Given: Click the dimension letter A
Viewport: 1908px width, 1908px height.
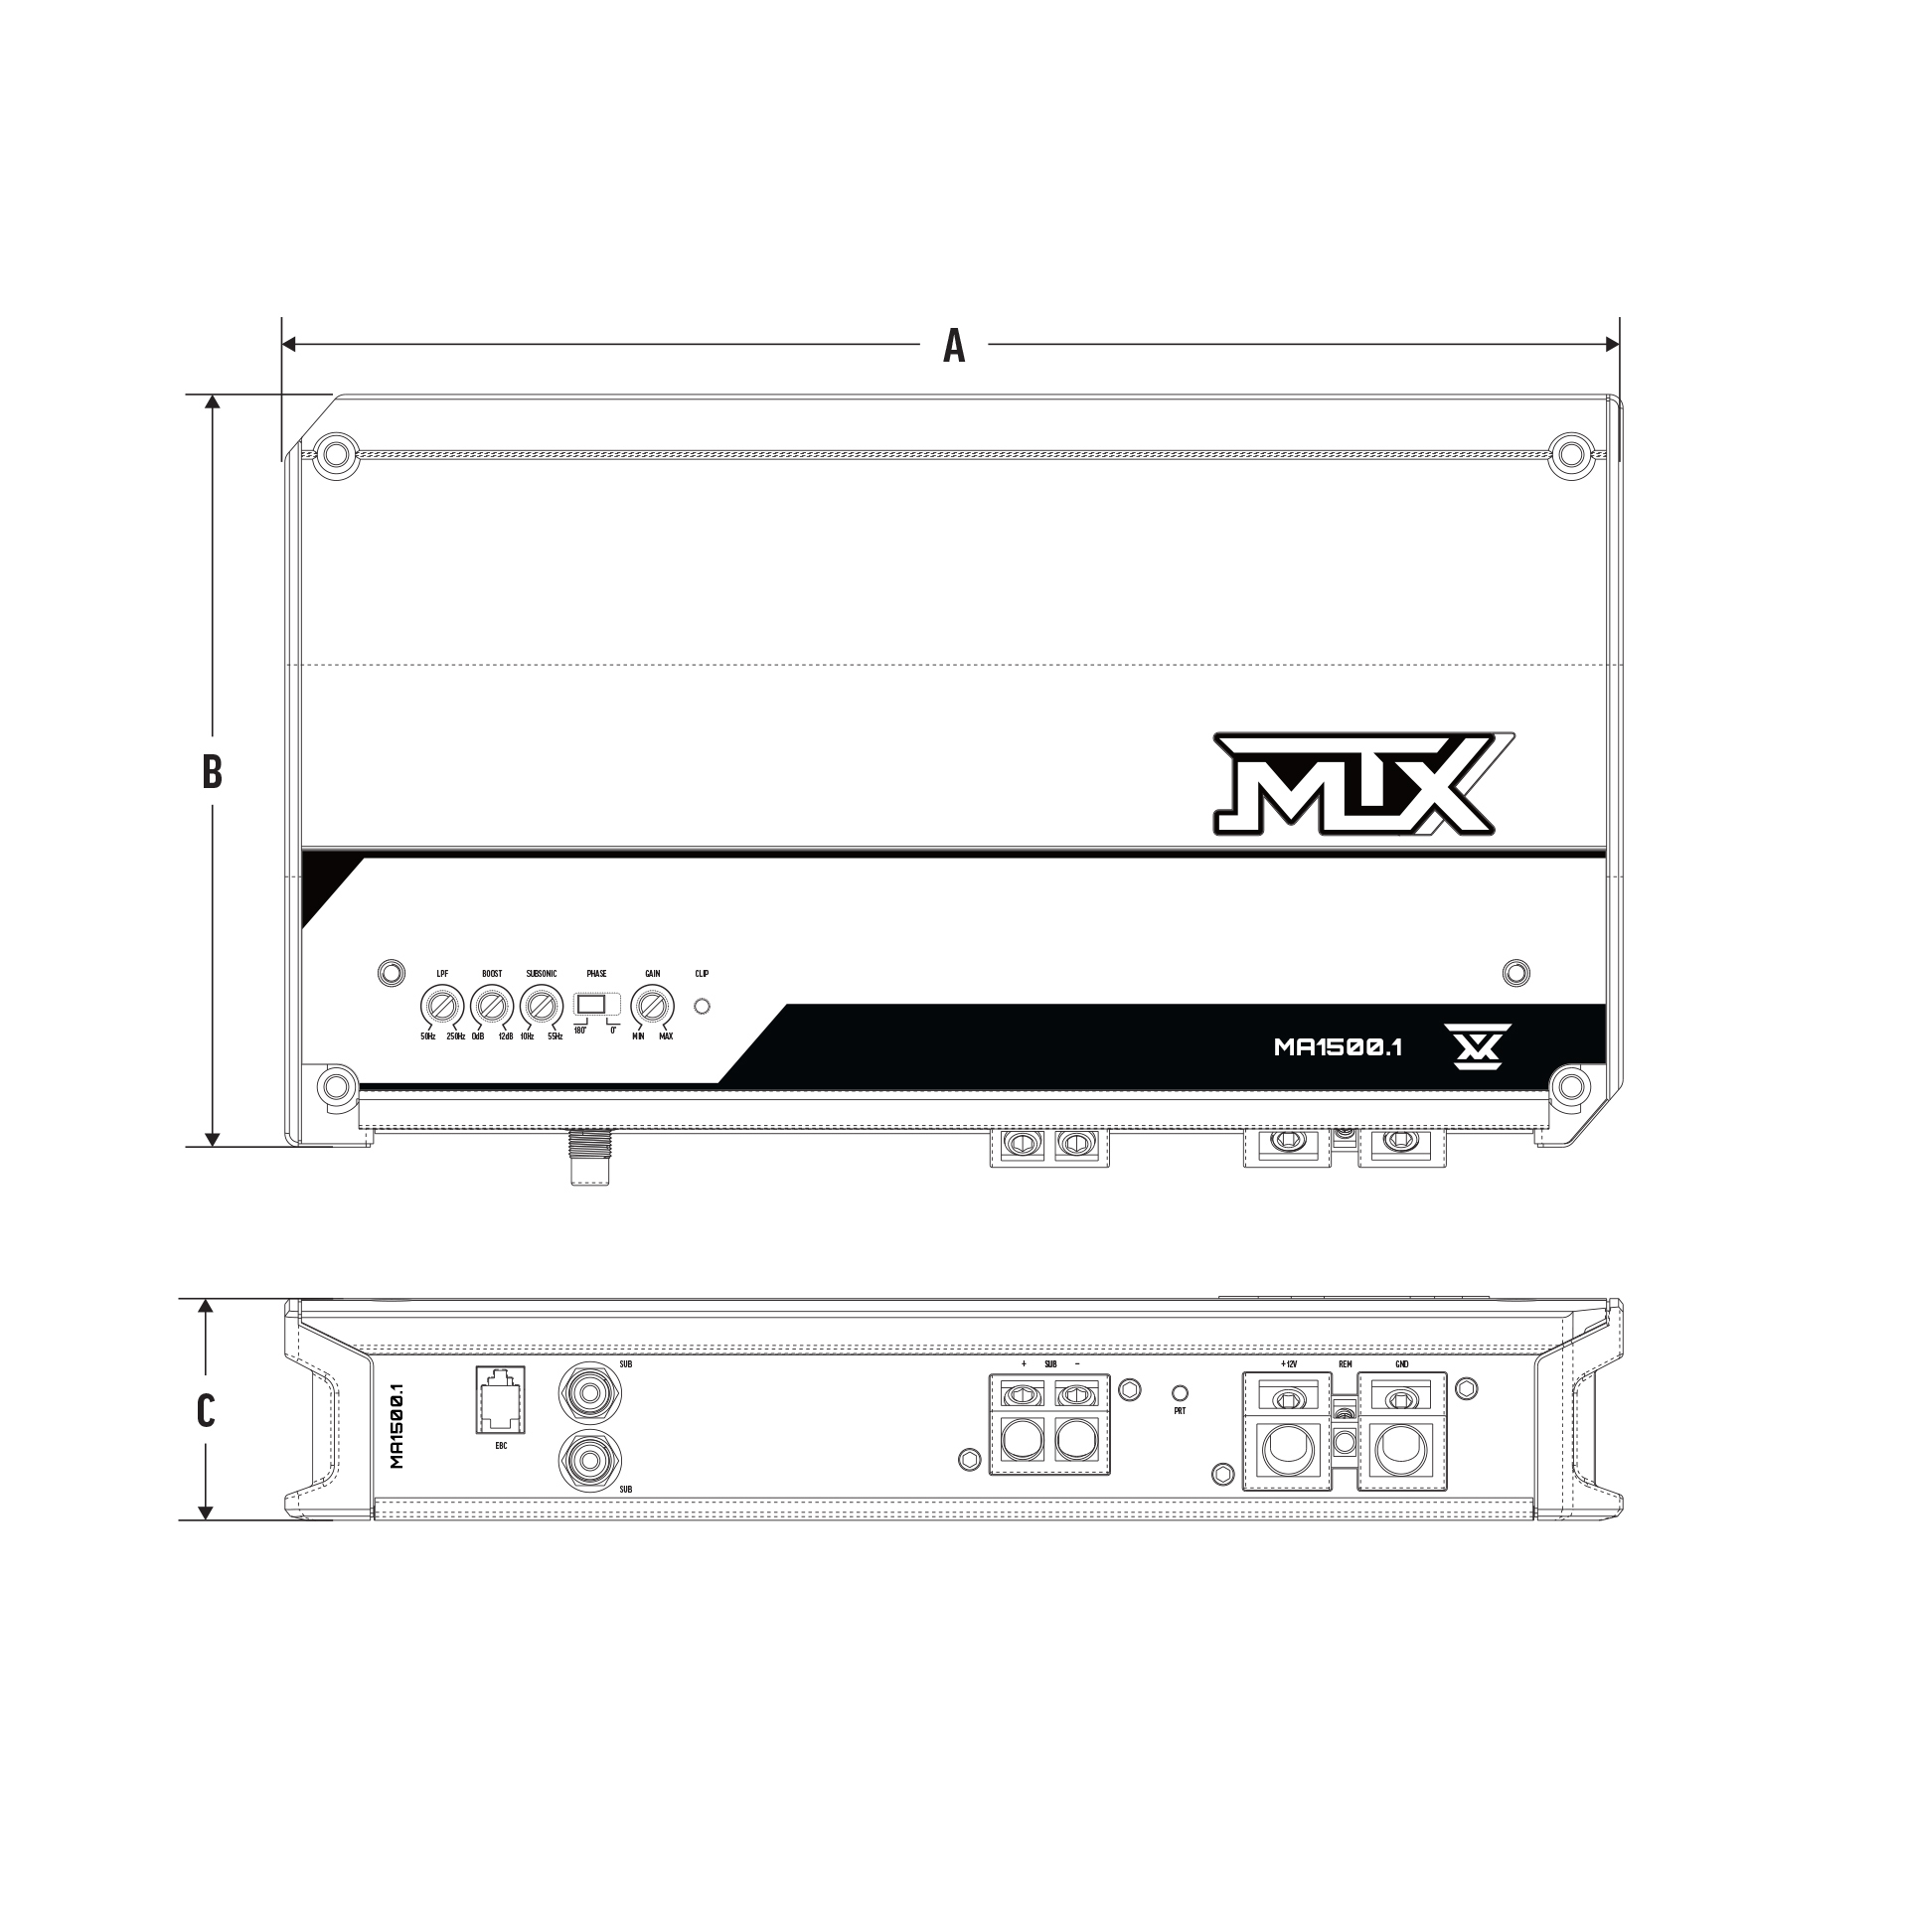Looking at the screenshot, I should click(x=953, y=346).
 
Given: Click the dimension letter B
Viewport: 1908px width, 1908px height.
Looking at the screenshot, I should click(x=212, y=771).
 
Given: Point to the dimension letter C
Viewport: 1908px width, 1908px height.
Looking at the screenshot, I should click(x=206, y=1410).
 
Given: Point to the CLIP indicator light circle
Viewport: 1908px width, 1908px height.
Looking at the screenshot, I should click(x=702, y=1007).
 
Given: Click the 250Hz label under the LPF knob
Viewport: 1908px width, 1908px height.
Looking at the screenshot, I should click(x=455, y=1036).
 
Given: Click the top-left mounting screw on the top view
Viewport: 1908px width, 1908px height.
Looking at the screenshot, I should click(x=337, y=452).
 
